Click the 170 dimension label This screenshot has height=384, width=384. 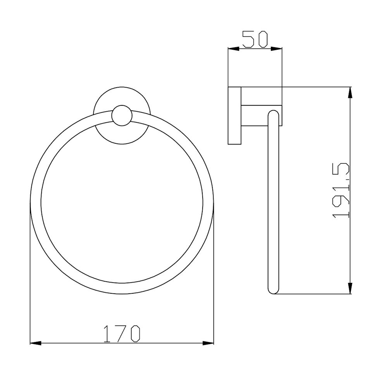click(122, 334)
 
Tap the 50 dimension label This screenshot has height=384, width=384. click(255, 39)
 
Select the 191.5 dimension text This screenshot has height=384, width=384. click(341, 190)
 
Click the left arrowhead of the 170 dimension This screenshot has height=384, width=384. click(36, 343)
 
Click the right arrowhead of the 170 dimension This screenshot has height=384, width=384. click(208, 343)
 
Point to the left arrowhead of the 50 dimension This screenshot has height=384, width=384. click(233, 49)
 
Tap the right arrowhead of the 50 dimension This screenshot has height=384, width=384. click(277, 49)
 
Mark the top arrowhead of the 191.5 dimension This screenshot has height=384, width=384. click(350, 93)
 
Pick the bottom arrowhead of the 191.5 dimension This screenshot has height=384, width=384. click(350, 288)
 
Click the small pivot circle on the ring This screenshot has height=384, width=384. click(122, 115)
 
